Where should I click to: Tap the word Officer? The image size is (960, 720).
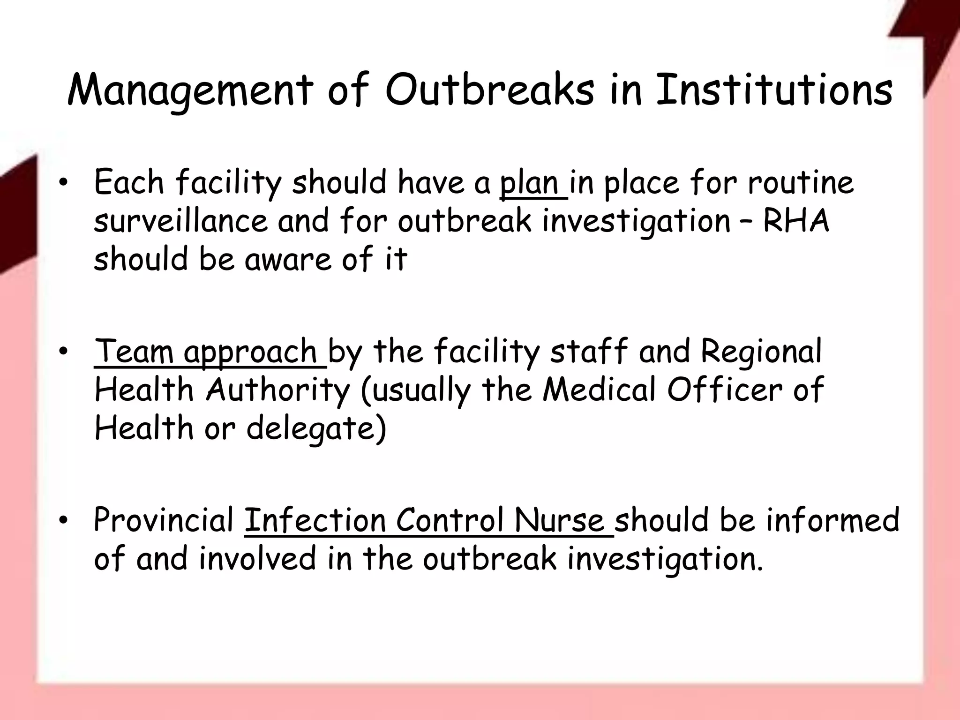[725, 390]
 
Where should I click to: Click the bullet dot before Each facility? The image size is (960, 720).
[64, 183]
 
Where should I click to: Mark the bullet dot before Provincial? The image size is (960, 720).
[64, 521]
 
